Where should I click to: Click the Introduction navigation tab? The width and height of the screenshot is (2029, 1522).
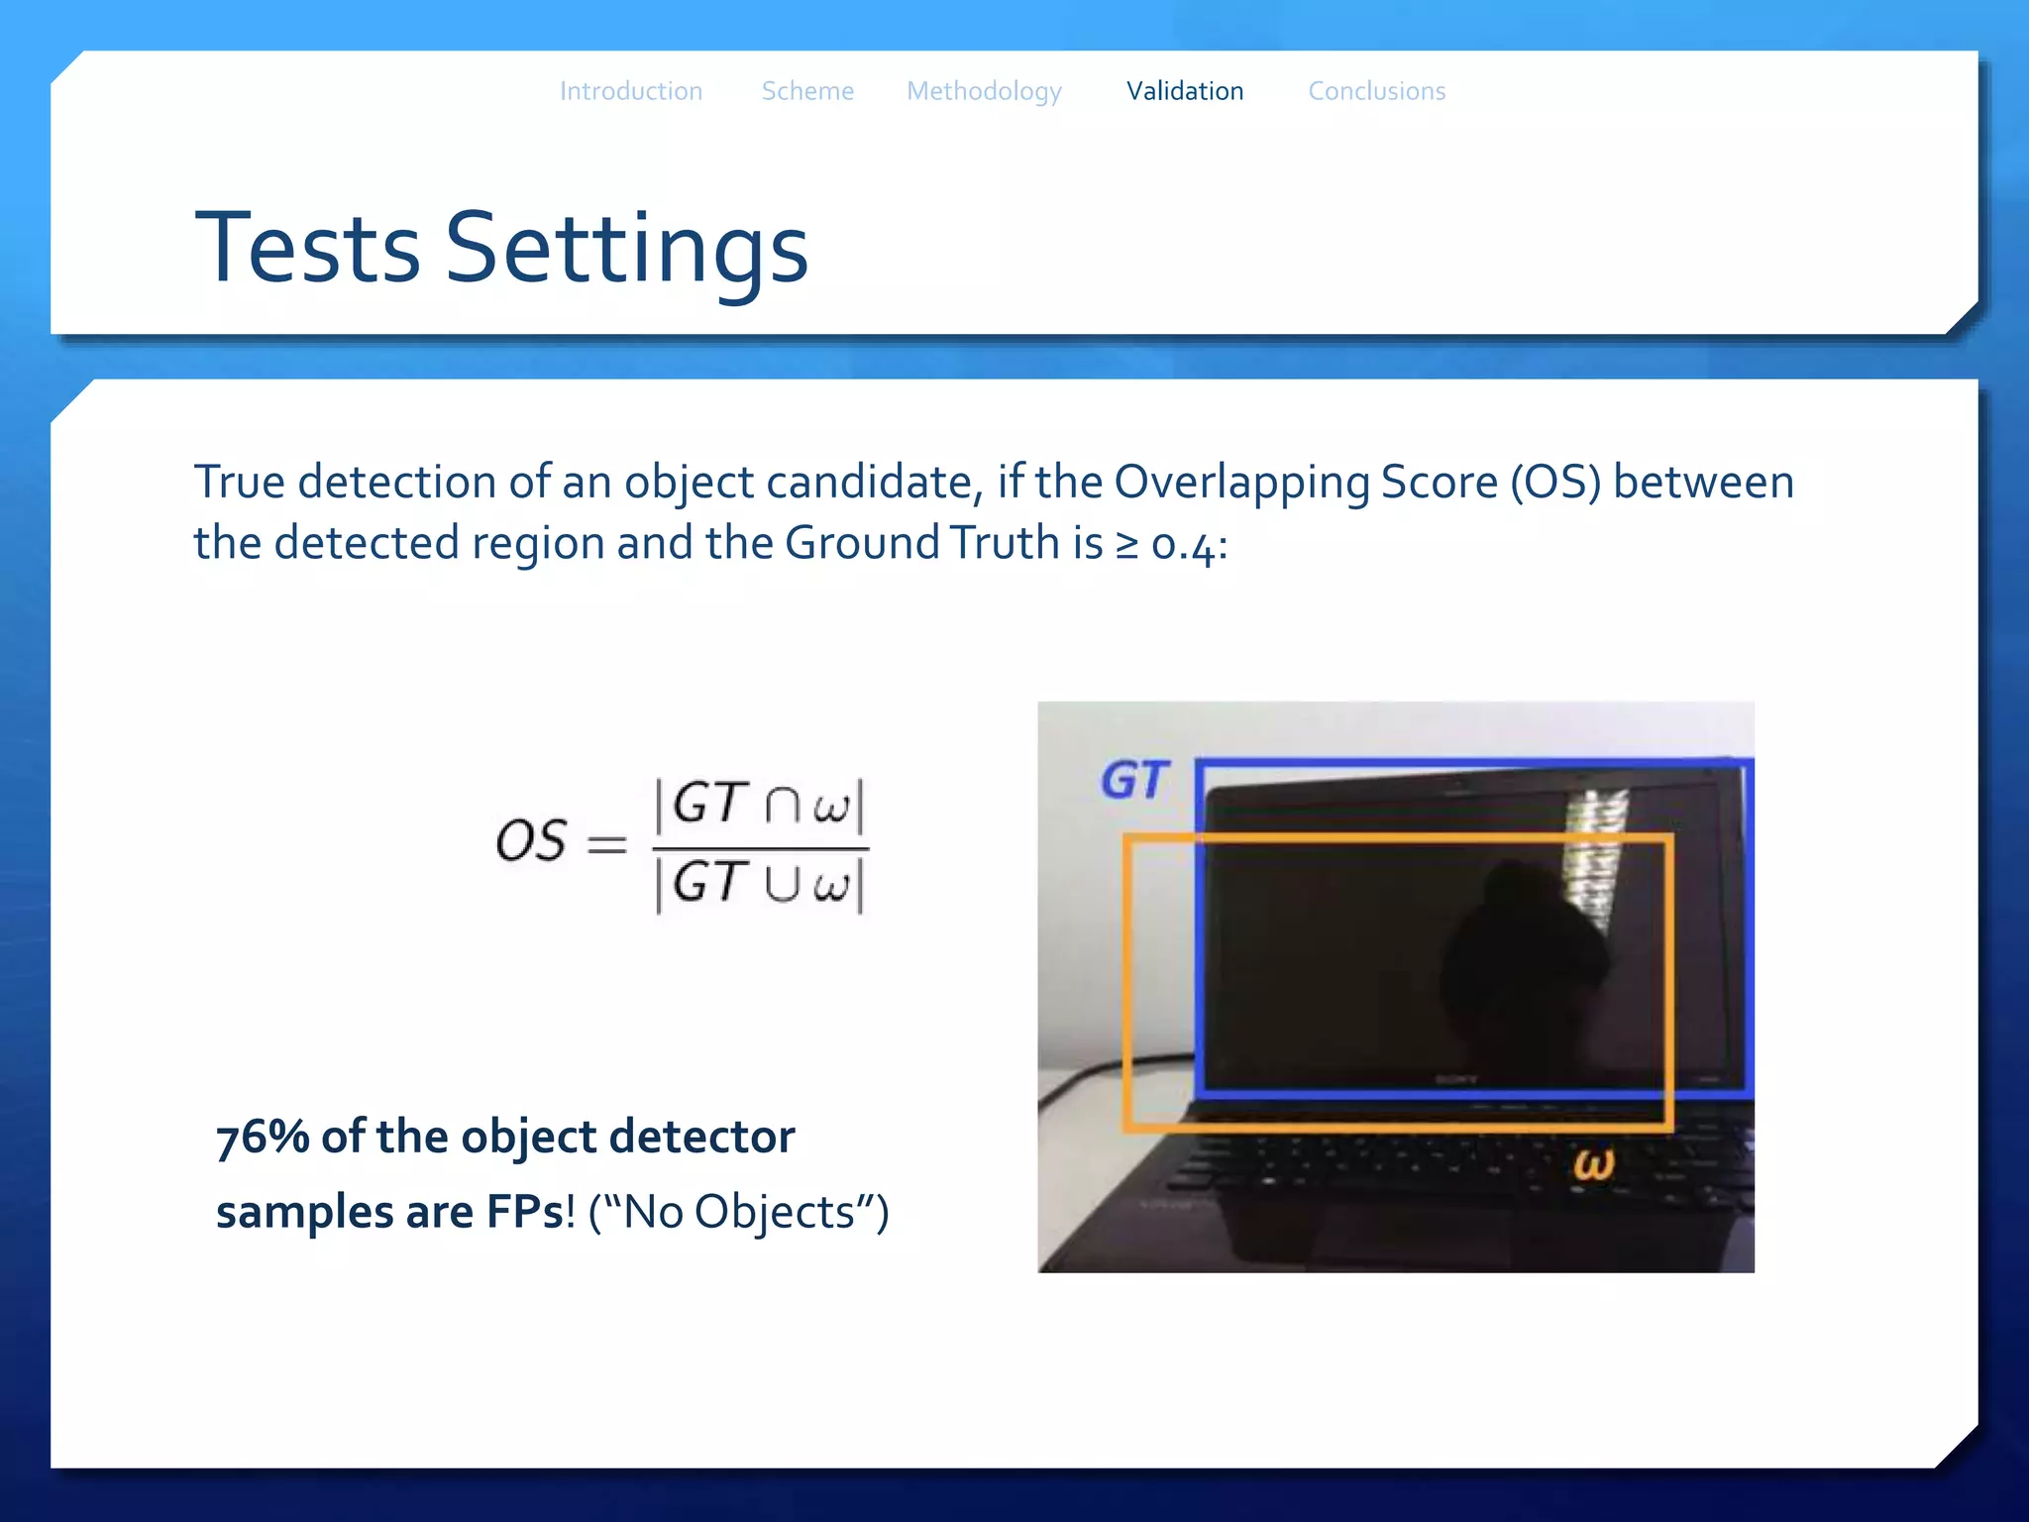pyautogui.click(x=631, y=91)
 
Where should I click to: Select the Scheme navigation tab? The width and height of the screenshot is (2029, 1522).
pyautogui.click(x=807, y=91)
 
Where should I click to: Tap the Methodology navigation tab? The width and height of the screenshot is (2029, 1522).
pyautogui.click(x=984, y=92)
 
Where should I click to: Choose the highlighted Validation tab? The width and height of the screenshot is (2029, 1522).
pyautogui.click(x=1185, y=91)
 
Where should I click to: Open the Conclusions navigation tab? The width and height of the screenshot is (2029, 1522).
pyautogui.click(x=1377, y=91)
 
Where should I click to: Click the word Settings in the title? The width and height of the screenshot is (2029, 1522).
pyautogui.click(x=627, y=250)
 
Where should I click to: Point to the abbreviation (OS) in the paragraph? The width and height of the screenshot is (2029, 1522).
pyautogui.click(x=1554, y=483)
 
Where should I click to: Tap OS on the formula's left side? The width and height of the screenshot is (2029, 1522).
pyautogui.click(x=531, y=841)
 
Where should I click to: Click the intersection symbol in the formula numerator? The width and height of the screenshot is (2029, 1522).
pyautogui.click(x=781, y=805)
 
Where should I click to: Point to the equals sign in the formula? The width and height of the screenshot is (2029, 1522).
pyautogui.click(x=606, y=843)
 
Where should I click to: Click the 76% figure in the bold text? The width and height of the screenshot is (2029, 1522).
pyautogui.click(x=262, y=1137)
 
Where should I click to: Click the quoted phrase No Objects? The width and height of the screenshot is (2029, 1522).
pyautogui.click(x=738, y=1212)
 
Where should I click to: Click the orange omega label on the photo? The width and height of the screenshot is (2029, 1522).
pyautogui.click(x=1593, y=1163)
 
